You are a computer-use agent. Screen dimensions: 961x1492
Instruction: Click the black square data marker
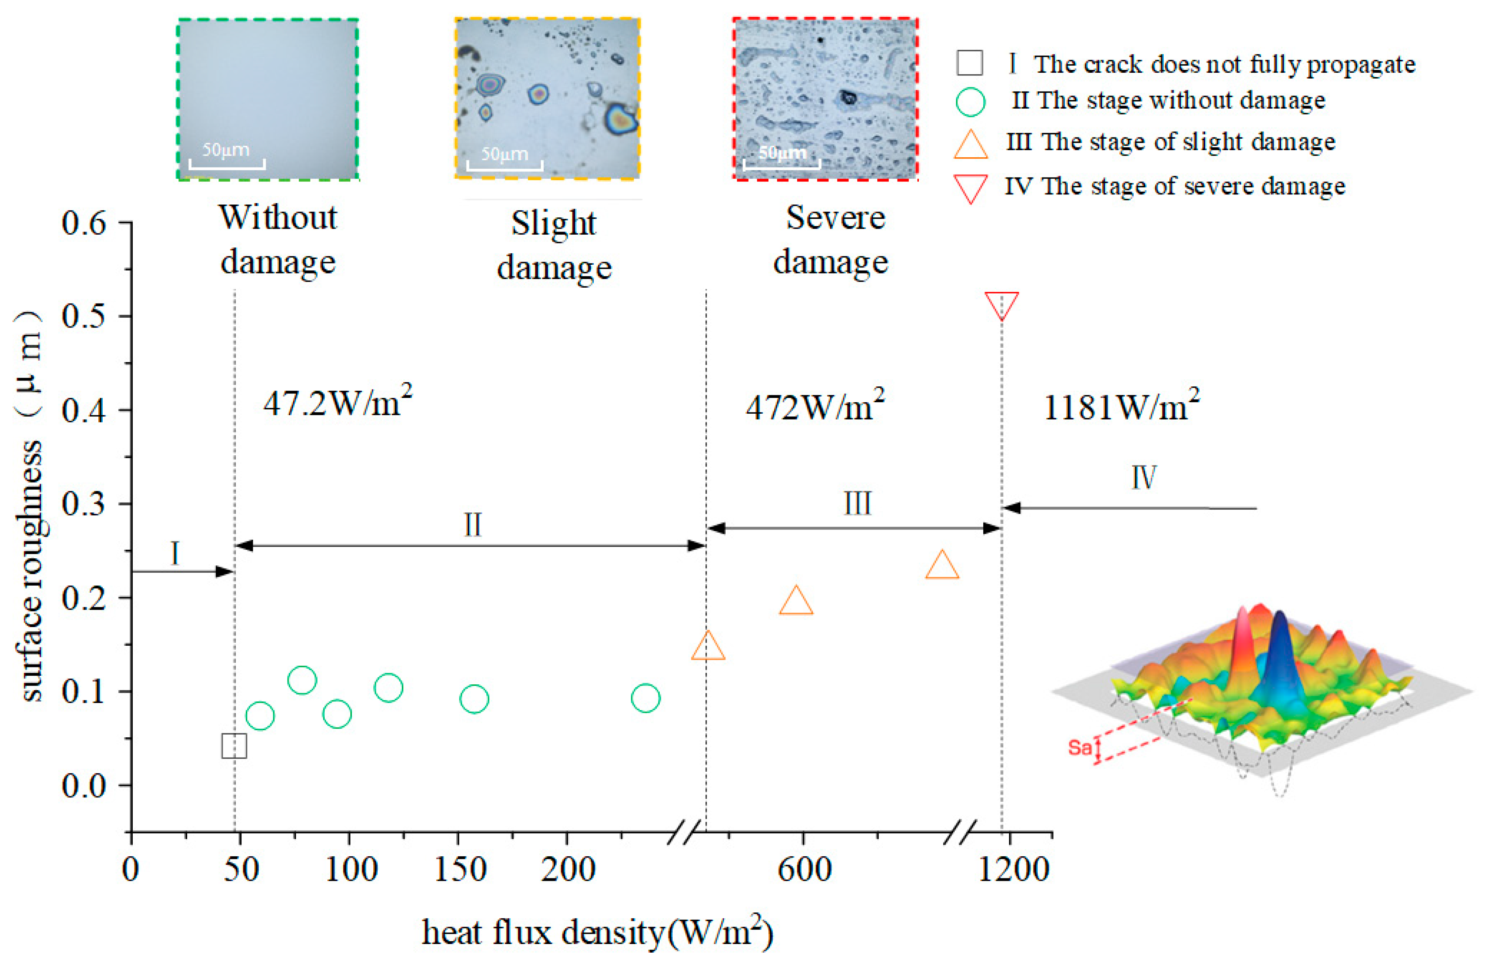coord(234,745)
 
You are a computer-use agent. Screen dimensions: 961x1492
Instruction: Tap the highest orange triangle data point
coord(941,566)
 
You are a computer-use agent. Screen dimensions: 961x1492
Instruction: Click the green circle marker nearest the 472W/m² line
coord(645,698)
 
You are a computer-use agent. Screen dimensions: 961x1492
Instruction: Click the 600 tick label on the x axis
coord(803,869)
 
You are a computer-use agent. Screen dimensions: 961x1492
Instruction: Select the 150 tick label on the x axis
coord(460,869)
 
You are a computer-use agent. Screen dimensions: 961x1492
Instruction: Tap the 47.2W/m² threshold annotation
coord(337,403)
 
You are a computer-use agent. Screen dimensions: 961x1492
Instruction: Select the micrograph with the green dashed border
coord(267,99)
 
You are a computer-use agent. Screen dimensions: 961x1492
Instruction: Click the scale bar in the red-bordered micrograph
coord(781,164)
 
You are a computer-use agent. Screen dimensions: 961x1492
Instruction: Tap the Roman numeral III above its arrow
coord(857,503)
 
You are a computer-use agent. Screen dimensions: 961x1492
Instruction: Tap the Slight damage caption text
coord(553,245)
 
